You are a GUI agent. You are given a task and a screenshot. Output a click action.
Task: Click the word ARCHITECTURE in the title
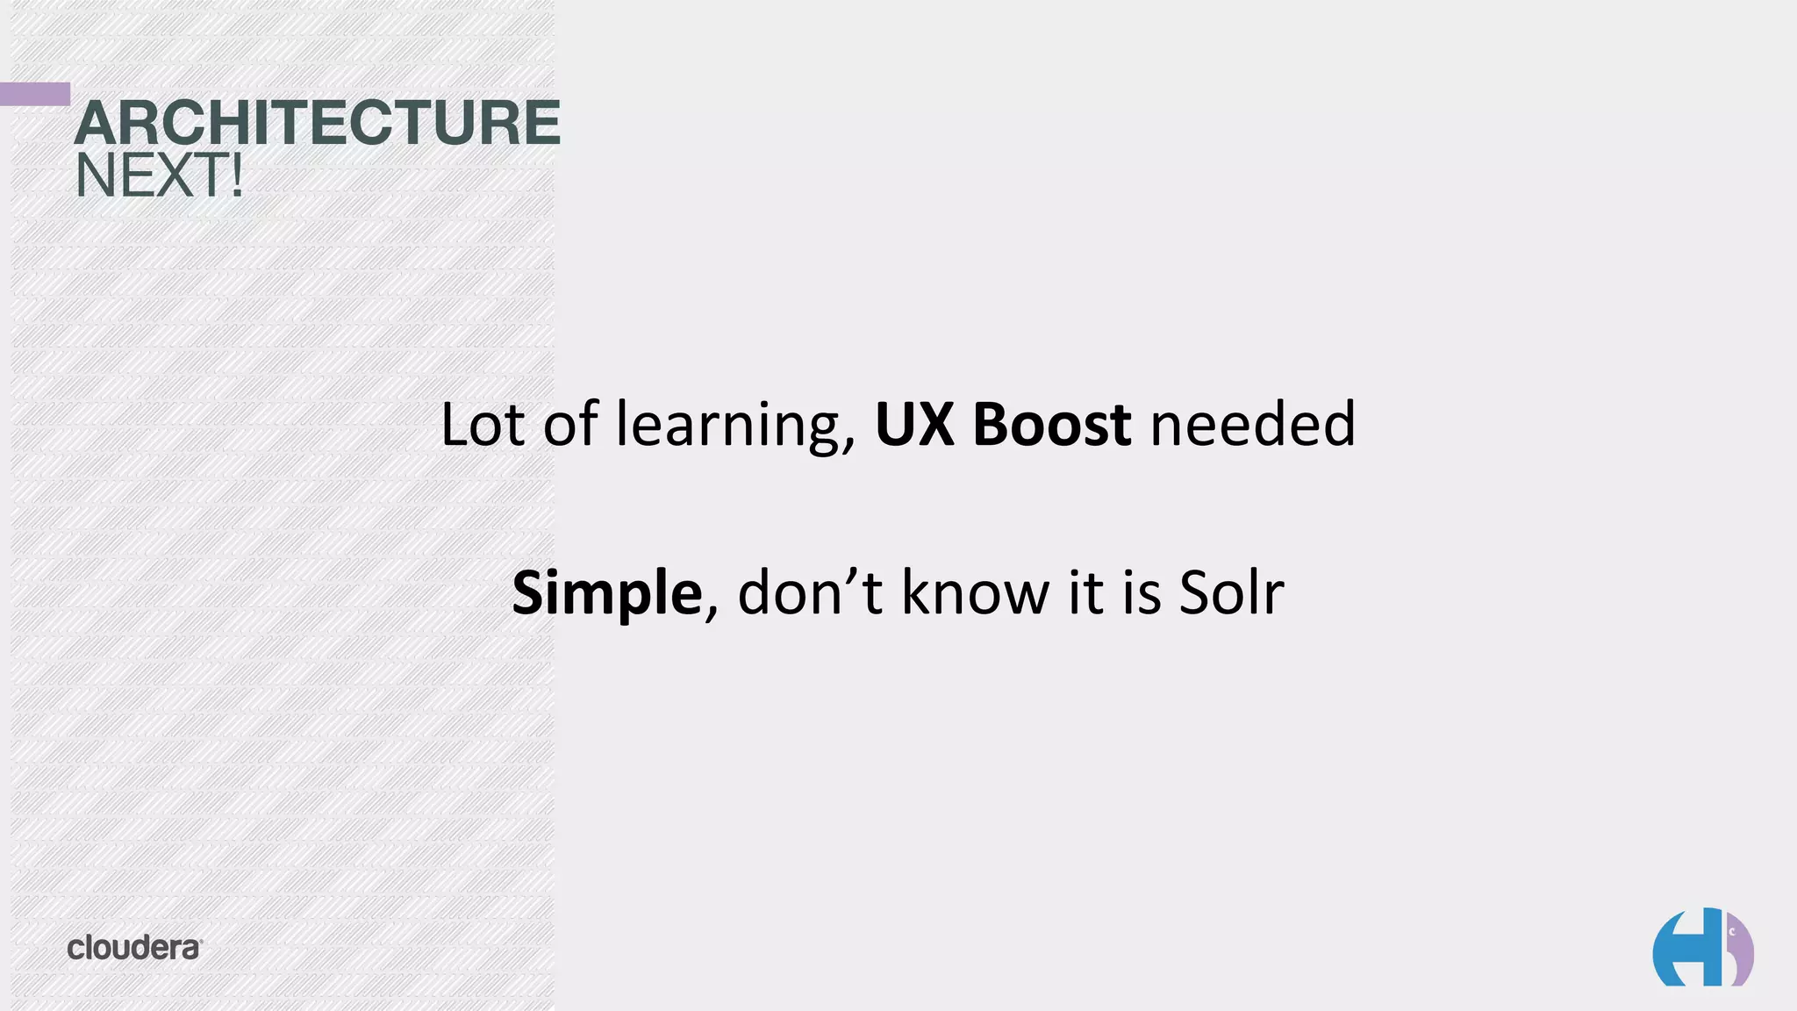[317, 123]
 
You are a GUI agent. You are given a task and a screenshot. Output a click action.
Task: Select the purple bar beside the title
[35, 94]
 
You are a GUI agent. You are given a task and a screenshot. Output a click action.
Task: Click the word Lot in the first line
[482, 425]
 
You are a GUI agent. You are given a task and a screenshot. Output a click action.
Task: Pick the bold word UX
[914, 425]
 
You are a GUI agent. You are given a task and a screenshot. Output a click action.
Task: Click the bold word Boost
[1051, 425]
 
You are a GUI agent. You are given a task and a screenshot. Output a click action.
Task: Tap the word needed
[1252, 425]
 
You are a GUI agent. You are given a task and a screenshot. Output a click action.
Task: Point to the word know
[974, 593]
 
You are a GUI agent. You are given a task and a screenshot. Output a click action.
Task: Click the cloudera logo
[134, 948]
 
